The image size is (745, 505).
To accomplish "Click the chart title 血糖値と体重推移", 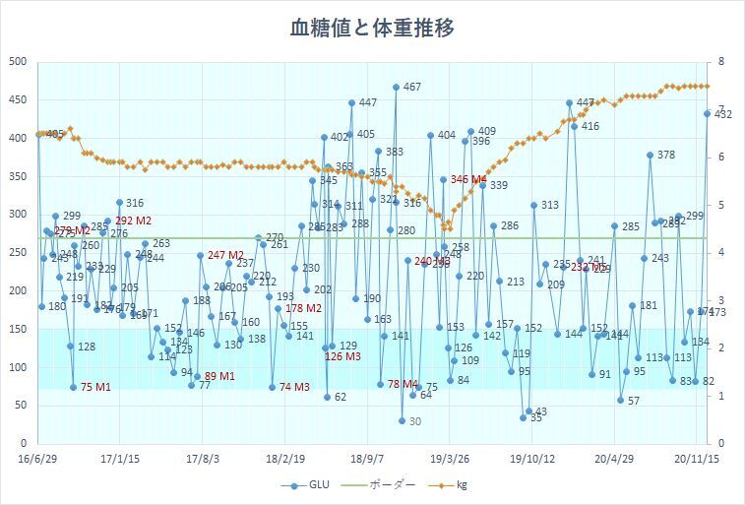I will [372, 28].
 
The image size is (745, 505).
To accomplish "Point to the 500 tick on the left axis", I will [17, 61].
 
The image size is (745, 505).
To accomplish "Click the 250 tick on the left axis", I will [17, 252].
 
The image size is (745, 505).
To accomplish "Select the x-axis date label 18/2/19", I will [283, 458].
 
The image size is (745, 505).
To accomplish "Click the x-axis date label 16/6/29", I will [36, 458].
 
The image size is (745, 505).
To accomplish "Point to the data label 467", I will [411, 88].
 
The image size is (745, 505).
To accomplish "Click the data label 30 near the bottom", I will [414, 421].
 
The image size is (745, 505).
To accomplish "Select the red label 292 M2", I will [133, 221].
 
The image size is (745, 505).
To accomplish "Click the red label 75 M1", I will [94, 387].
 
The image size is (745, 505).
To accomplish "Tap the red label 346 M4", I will [468, 180].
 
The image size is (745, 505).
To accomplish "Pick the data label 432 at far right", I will [721, 115].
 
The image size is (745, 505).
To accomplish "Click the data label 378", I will [665, 156].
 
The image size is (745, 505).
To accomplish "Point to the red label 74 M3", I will [294, 387].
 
